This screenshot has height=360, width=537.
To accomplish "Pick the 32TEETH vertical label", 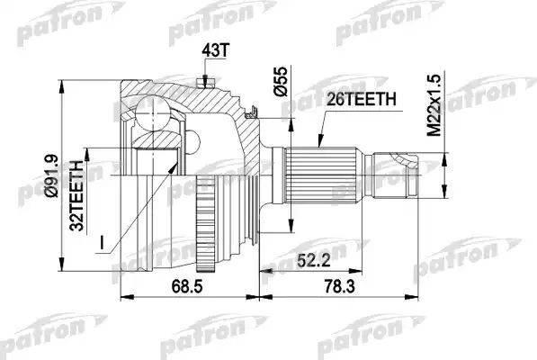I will coord(80,196).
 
